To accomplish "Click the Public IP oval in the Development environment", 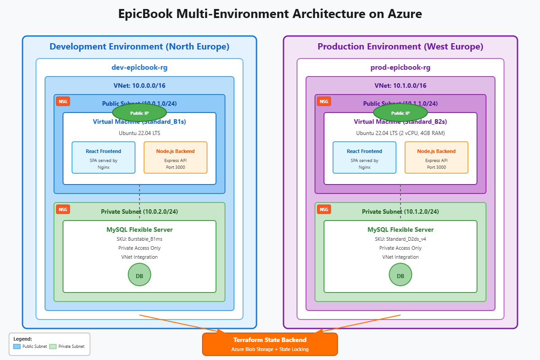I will tap(139, 113).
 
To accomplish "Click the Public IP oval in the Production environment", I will tap(400, 113).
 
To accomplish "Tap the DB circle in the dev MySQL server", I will tap(139, 275).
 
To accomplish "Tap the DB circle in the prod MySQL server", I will tap(400, 275).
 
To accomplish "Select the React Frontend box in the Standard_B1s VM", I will tap(103, 157).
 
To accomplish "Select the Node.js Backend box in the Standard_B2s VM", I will tap(436, 157).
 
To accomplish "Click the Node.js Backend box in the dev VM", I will tap(175, 157).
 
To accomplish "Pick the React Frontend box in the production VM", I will tap(364, 157).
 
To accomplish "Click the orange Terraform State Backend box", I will tap(270, 344).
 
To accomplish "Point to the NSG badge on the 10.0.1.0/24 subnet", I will tap(63, 101).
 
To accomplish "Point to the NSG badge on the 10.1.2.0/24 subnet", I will tap(324, 209).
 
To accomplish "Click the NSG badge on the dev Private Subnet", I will tap(63, 209).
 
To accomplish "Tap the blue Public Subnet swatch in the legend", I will tap(17, 346).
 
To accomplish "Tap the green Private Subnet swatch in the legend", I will tap(53, 346).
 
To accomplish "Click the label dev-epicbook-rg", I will tap(139, 67).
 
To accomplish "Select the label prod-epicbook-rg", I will tap(400, 67).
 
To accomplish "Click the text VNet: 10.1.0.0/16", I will tap(400, 85).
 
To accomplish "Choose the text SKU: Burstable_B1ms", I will tap(139, 239).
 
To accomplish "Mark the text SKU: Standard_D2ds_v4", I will tap(400, 239).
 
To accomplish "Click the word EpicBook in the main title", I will tap(145, 14).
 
